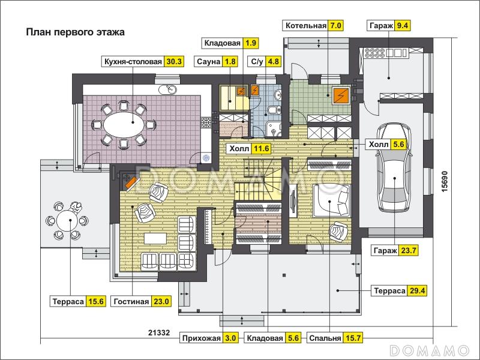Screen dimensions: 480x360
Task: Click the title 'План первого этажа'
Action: tap(76, 32)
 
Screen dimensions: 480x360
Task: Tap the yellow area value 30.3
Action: tap(174, 62)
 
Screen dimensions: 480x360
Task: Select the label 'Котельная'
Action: tap(306, 25)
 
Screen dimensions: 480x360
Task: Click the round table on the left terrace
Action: tap(70, 220)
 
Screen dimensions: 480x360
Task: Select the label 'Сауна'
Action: tap(208, 62)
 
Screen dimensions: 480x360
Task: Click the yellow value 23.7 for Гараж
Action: tap(409, 251)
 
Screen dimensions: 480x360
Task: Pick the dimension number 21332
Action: tap(159, 332)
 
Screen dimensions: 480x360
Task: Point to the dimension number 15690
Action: tap(445, 181)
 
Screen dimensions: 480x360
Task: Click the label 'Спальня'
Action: tap(325, 338)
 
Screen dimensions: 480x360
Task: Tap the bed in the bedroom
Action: tap(331, 200)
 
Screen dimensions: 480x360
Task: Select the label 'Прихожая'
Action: tap(201, 338)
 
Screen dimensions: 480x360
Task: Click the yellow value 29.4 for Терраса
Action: tap(417, 290)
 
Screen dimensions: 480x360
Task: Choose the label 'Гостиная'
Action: tap(131, 302)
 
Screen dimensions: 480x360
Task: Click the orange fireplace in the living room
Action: tap(131, 182)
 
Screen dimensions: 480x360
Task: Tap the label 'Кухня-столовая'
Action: tap(133, 62)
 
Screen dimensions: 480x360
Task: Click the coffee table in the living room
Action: tap(155, 238)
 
